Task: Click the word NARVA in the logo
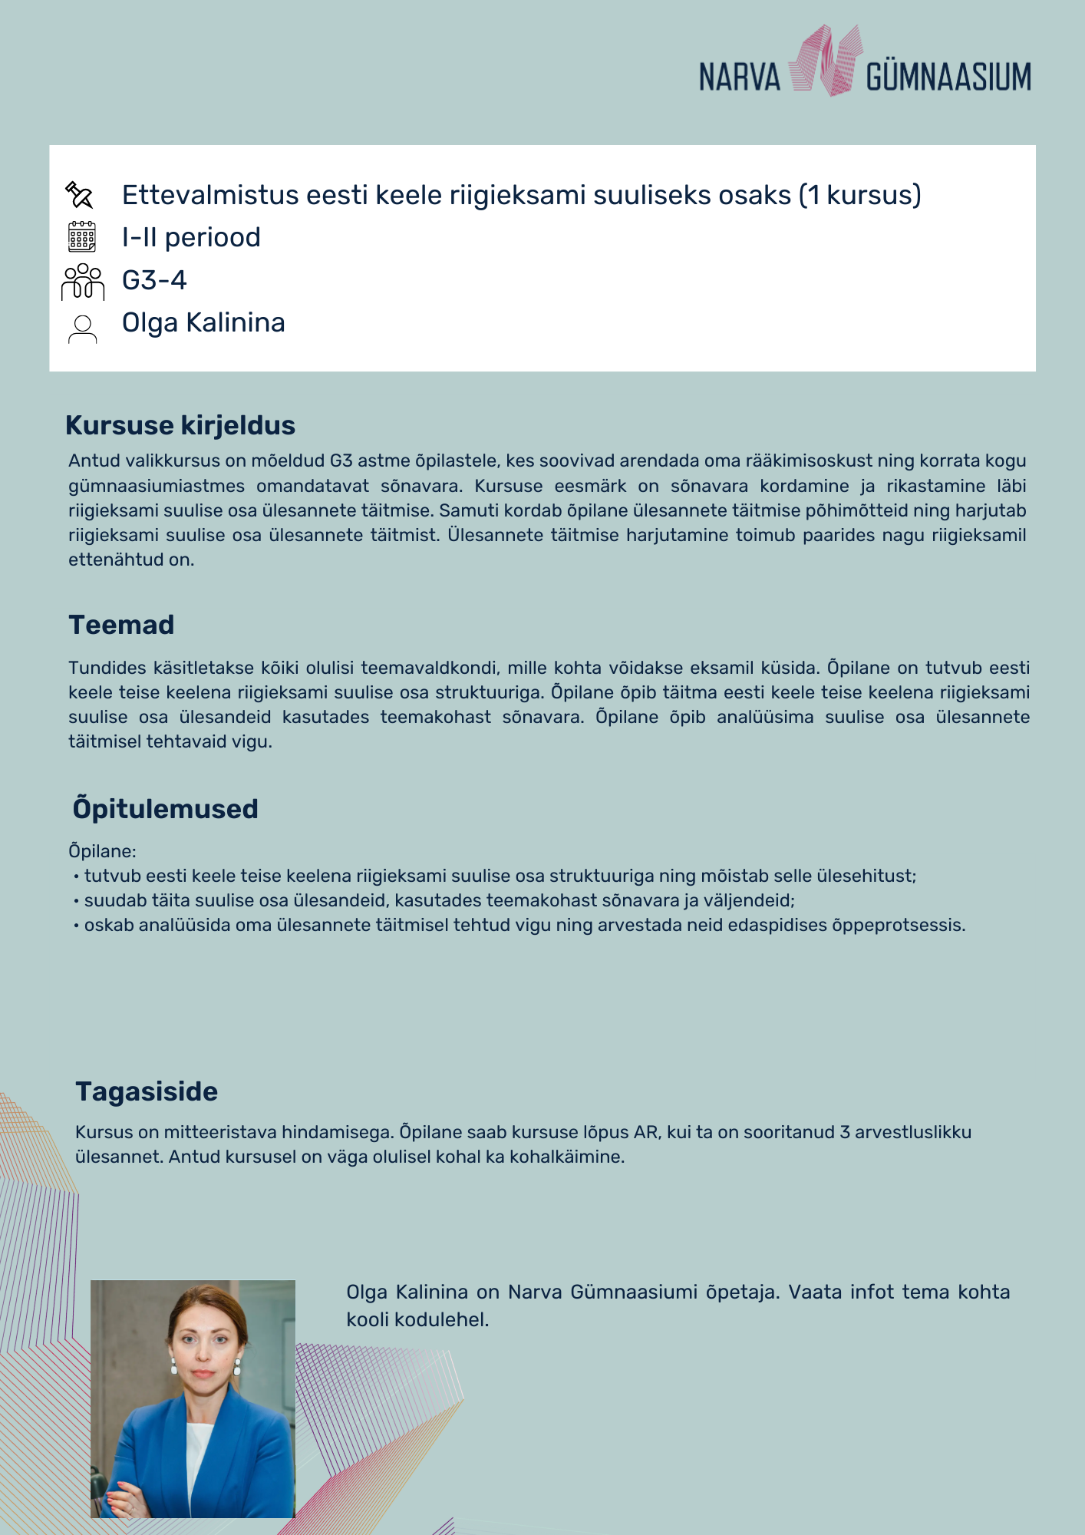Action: (739, 78)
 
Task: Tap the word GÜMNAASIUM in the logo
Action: (948, 78)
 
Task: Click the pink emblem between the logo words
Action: (825, 61)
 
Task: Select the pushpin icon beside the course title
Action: (80, 195)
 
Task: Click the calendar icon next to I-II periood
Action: (82, 237)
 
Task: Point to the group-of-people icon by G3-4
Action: (82, 281)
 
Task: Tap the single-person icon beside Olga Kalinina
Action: (82, 328)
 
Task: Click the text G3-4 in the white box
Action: (154, 280)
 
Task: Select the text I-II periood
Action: (191, 238)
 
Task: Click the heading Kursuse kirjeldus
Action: (180, 425)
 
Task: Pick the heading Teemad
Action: (121, 625)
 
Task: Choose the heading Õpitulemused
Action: (165, 809)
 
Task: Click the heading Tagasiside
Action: (147, 1091)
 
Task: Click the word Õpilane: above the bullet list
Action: (102, 851)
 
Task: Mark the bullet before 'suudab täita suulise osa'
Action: (76, 901)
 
